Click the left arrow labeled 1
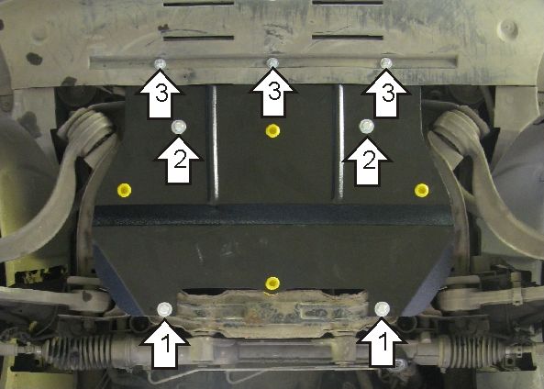click(164, 343)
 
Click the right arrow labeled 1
click(383, 343)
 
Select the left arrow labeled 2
click(178, 161)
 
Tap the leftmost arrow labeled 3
click(160, 94)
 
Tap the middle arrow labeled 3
click(273, 93)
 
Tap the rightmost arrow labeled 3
click(386, 93)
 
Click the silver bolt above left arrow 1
click(164, 309)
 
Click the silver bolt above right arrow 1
click(382, 308)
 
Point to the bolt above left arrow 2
click(179, 127)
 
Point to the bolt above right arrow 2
click(367, 127)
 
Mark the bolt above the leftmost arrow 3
click(160, 64)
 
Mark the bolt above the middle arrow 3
click(272, 62)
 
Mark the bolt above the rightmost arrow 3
click(386, 62)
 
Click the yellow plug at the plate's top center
click(272, 131)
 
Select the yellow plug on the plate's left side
click(124, 190)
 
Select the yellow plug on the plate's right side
click(421, 190)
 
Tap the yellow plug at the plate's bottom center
click(272, 283)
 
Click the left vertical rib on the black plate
click(214, 144)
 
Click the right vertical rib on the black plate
click(339, 143)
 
